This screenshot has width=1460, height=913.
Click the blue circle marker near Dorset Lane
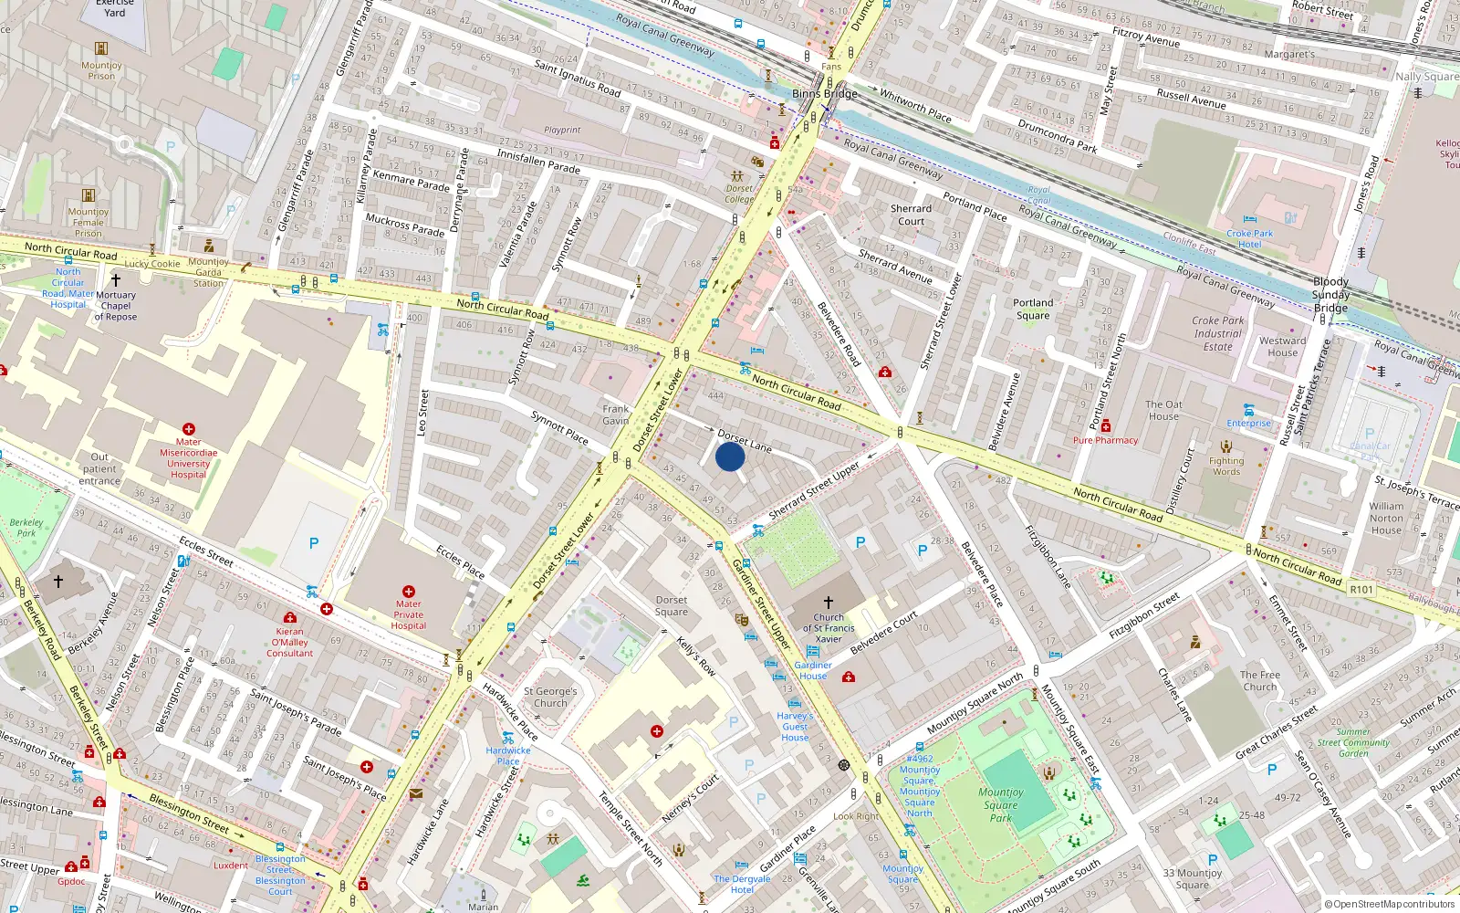730,456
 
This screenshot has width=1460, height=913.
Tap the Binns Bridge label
824,93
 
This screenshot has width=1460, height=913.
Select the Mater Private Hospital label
409,614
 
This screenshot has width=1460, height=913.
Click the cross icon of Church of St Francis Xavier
829,603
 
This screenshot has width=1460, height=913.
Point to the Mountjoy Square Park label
1001,804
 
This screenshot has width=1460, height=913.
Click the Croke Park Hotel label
1250,238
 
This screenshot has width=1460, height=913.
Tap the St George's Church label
550,698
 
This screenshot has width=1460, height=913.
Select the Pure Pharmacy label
1105,440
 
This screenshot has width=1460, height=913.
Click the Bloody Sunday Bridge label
1330,295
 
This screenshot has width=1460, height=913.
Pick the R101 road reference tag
1361,589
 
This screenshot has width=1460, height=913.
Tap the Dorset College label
739,194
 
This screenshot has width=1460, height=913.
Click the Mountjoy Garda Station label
209,272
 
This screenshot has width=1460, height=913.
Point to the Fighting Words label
1226,466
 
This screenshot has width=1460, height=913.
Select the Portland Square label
1033,309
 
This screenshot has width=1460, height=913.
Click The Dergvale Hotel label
742,884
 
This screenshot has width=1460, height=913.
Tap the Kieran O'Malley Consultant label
290,642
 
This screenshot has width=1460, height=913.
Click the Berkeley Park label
26,528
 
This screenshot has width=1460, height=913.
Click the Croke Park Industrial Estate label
1218,333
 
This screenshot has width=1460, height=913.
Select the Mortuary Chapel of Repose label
116,306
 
